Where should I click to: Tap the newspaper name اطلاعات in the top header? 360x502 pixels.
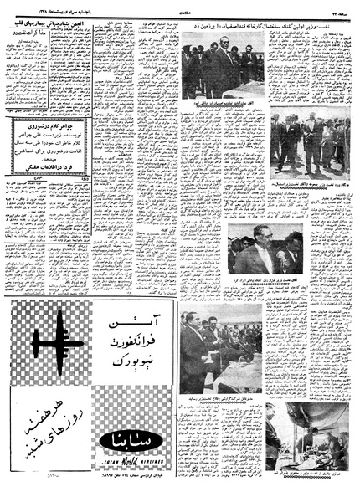[x=179, y=5]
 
